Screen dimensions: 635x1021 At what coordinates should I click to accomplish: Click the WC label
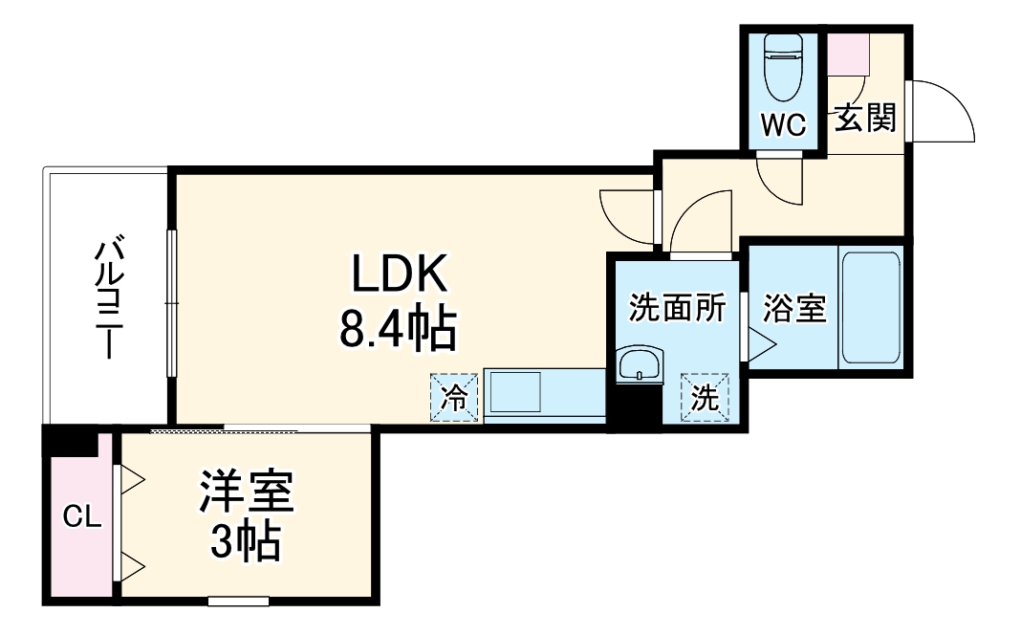pos(783,123)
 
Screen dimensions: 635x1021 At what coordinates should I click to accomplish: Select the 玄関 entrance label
pos(865,119)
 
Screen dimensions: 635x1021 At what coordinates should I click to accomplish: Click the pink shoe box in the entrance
pos(848,56)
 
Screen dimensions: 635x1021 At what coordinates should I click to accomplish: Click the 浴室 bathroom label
pos(794,309)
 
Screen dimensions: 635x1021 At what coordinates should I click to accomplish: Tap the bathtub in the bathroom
pos(869,307)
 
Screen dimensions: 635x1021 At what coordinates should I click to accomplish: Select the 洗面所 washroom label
pos(677,309)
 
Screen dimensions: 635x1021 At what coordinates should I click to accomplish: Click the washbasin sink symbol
pos(638,365)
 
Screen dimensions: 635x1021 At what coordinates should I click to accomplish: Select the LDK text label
pos(400,275)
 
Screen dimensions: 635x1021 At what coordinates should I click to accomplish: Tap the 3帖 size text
pos(246,543)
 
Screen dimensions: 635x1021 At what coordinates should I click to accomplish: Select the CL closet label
pos(81,517)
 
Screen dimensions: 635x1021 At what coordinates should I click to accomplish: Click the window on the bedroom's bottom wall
pos(238,602)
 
